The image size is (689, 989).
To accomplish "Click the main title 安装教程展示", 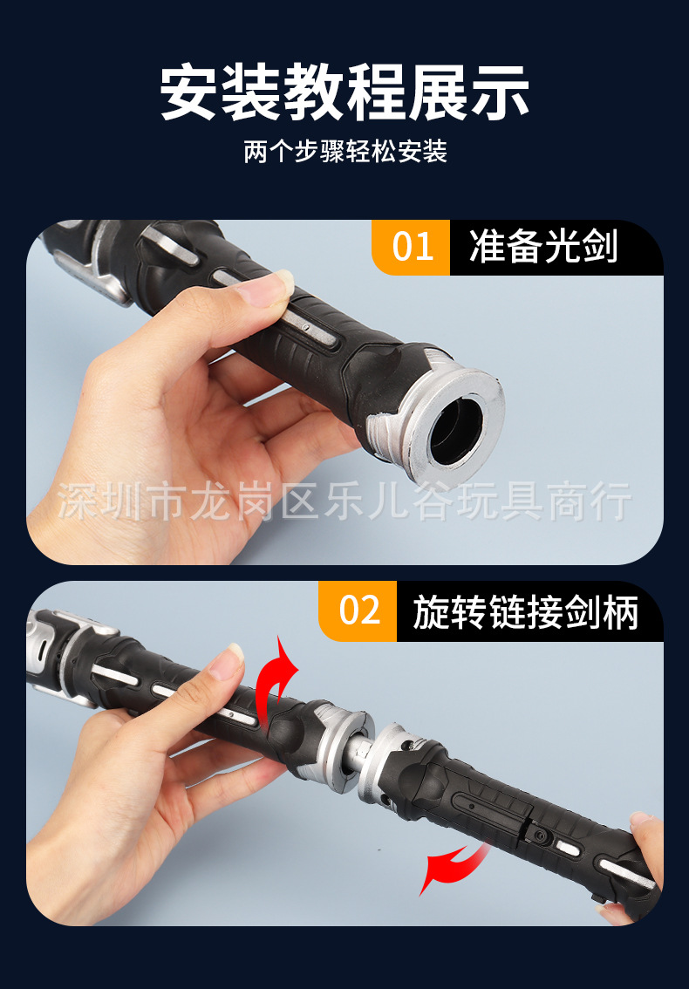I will pos(344,93).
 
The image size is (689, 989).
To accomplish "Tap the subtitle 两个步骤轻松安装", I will pos(344,153).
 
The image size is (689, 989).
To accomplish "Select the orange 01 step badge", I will pos(412,248).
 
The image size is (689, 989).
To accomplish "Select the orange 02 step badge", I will pos(358,610).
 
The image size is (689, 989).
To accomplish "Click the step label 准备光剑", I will pos(543,248).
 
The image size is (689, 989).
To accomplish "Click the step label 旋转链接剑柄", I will pos(526,611).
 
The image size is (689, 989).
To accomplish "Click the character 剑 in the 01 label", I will pos(600,248).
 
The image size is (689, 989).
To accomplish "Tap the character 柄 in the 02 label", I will pos(622,611).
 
